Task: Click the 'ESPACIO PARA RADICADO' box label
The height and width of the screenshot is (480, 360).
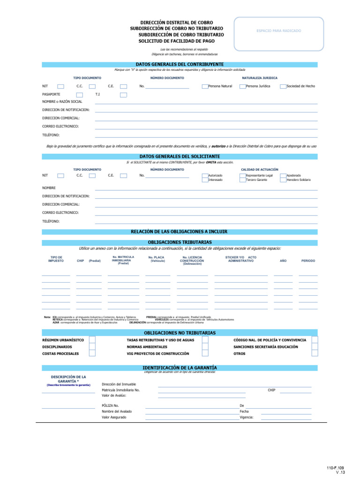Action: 278,31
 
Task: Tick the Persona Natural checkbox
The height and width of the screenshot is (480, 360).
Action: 205,86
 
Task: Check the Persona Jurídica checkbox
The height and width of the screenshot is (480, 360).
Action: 242,86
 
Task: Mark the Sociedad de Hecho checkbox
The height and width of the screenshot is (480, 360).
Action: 283,86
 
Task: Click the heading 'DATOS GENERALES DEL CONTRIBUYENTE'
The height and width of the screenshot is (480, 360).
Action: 180,64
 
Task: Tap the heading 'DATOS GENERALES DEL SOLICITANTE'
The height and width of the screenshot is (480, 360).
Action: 180,157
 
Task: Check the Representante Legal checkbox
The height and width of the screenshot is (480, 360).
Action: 243,175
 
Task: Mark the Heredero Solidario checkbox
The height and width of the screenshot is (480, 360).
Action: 283,180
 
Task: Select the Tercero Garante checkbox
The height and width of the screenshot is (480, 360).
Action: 243,180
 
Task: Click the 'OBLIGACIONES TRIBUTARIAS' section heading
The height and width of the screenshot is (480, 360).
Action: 180,242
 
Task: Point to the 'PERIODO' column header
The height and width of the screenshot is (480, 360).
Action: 308,261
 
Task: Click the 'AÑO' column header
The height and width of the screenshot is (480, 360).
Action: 283,261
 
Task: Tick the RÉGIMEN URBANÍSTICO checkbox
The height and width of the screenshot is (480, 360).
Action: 92,340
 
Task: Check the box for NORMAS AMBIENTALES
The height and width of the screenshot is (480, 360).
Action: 205,347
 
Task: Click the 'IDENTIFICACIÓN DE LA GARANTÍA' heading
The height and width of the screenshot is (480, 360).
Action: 180,368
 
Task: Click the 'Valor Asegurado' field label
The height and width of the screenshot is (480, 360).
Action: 114,417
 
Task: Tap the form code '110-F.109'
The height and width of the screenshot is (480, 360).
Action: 336,468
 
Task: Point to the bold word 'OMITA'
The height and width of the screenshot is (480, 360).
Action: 192,162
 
